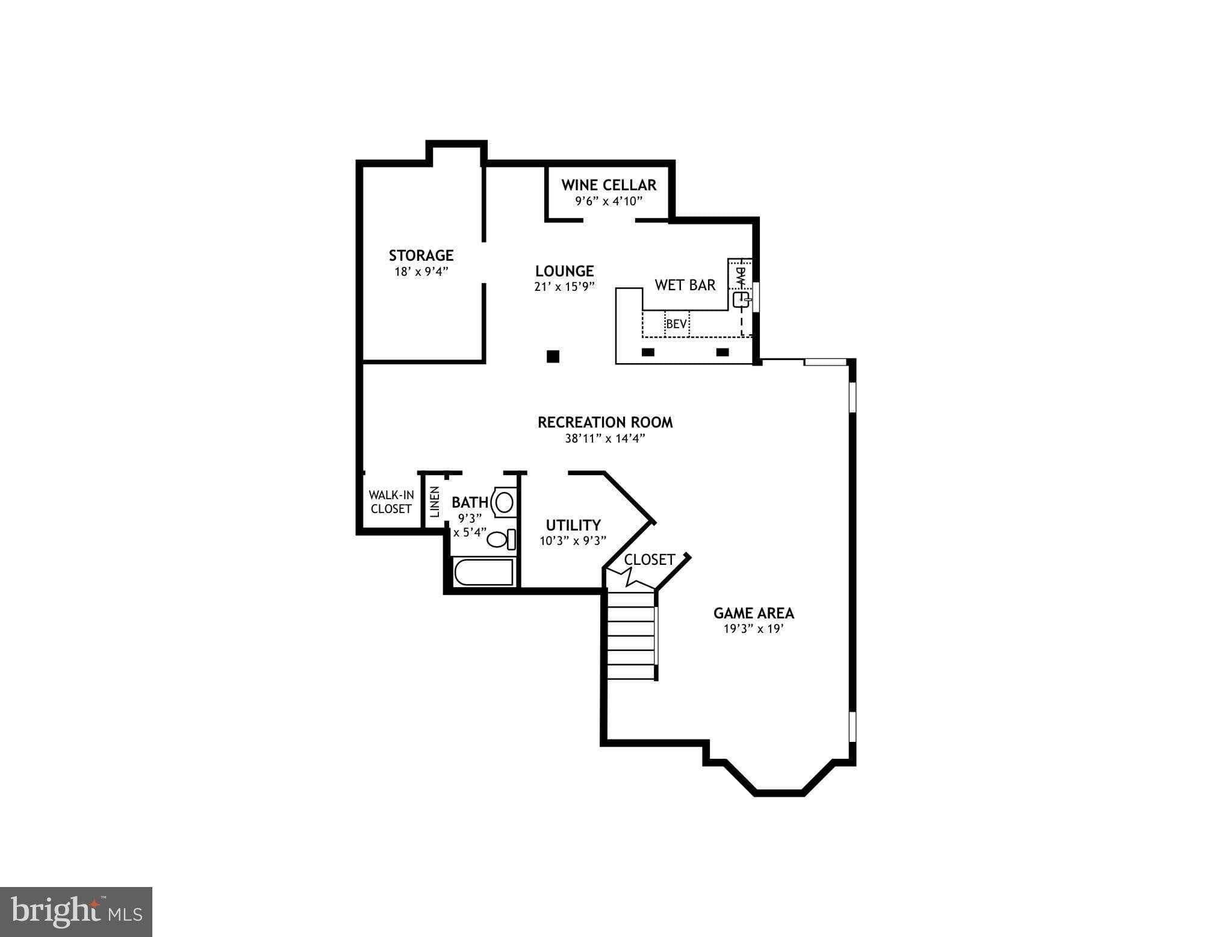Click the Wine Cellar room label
click(609, 185)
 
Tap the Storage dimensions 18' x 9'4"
click(421, 272)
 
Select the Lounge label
click(564, 271)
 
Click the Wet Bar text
click(685, 285)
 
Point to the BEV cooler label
click(676, 324)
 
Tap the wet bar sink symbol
click(741, 299)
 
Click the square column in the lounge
click(553, 356)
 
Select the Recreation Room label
click(605, 422)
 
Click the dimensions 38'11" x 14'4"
click(605, 438)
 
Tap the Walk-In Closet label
click(391, 502)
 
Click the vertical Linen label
click(435, 502)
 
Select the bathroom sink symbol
click(503, 502)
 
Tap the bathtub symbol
click(484, 572)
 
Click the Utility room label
click(573, 525)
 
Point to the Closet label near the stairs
click(649, 559)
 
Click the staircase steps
click(630, 635)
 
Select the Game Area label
click(753, 613)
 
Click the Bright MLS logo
click(76, 911)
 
